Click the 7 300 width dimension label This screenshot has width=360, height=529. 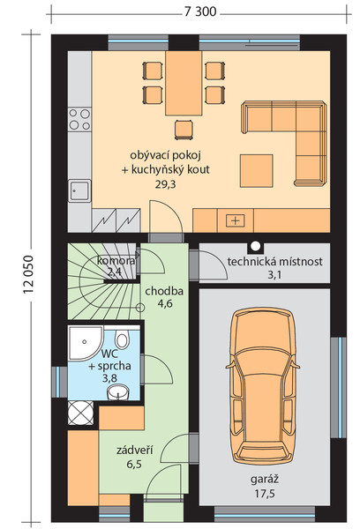200,11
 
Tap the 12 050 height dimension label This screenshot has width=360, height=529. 28,274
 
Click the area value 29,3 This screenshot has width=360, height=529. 166,184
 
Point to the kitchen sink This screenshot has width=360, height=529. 79,190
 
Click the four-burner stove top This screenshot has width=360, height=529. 79,119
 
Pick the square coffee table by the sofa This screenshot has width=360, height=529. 256,171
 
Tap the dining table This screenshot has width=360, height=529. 184,84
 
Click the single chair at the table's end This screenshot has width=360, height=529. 184,130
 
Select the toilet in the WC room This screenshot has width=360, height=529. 122,339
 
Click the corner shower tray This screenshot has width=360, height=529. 85,343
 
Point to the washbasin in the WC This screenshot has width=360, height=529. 118,392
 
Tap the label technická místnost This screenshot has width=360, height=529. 275,262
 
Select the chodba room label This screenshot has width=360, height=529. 164,291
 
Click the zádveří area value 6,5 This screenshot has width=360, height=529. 134,465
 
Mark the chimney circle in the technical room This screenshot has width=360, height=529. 256,244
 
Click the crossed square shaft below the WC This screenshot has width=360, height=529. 80,413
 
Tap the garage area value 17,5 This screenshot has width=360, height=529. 265,494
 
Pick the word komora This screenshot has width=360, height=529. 116,261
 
